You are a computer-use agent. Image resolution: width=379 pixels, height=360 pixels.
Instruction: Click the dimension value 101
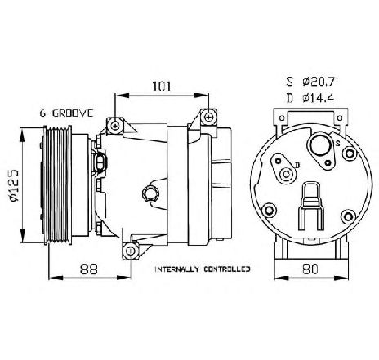tap(162, 87)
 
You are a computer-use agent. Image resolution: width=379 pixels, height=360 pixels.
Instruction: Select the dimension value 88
tap(89, 269)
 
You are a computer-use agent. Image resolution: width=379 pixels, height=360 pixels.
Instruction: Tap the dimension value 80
tap(310, 269)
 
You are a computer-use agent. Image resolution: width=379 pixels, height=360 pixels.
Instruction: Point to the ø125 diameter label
tap(14, 185)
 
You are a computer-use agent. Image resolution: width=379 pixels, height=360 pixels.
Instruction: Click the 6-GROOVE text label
tap(67, 113)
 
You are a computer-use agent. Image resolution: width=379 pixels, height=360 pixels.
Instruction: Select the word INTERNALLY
tap(176, 269)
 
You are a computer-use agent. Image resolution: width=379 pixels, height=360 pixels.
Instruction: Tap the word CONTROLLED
tap(227, 269)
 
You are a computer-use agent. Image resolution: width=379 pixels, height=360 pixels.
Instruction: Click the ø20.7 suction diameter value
tap(319, 82)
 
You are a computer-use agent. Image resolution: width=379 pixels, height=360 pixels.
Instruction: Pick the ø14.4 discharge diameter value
tap(319, 98)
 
